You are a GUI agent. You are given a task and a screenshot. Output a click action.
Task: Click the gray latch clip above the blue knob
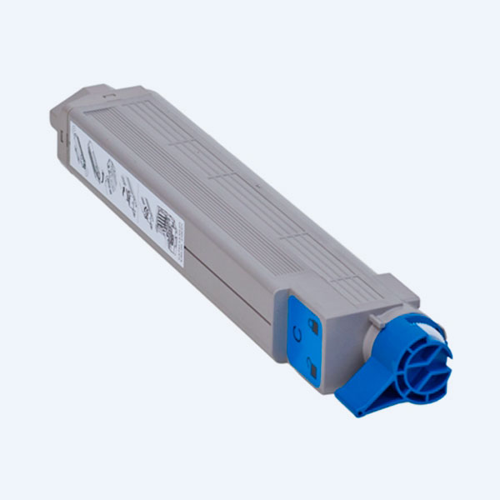(400, 287)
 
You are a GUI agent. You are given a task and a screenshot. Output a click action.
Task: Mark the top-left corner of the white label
(72, 121)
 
